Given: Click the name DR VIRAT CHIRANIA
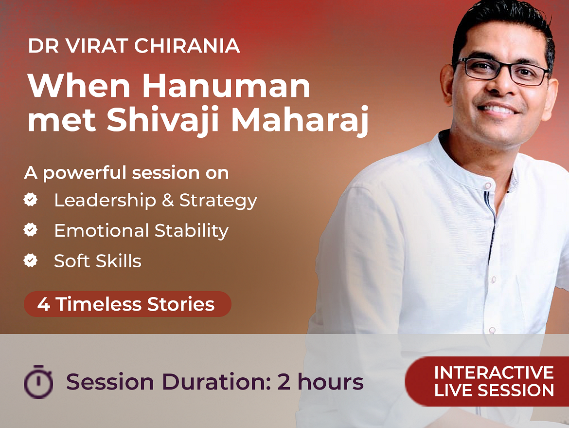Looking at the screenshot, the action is pyautogui.click(x=134, y=46).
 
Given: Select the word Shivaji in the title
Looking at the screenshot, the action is pyautogui.click(x=163, y=120).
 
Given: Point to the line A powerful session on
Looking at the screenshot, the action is pyautogui.click(x=126, y=173).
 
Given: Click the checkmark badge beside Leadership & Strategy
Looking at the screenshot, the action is pyautogui.click(x=31, y=200).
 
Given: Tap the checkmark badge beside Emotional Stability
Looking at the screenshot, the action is pyautogui.click(x=31, y=230).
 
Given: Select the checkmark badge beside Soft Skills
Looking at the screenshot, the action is pyautogui.click(x=31, y=260).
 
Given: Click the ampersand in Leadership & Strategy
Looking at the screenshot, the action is pyautogui.click(x=168, y=200).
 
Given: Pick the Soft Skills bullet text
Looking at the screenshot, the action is pyautogui.click(x=98, y=261).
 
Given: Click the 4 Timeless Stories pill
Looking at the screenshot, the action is pyautogui.click(x=127, y=304).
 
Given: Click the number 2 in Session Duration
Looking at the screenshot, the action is pyautogui.click(x=284, y=382).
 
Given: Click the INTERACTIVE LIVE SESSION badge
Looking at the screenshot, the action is pyautogui.click(x=487, y=381).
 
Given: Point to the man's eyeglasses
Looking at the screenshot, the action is pyautogui.click(x=502, y=71).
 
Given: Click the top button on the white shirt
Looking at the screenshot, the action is pyautogui.click(x=488, y=186).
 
